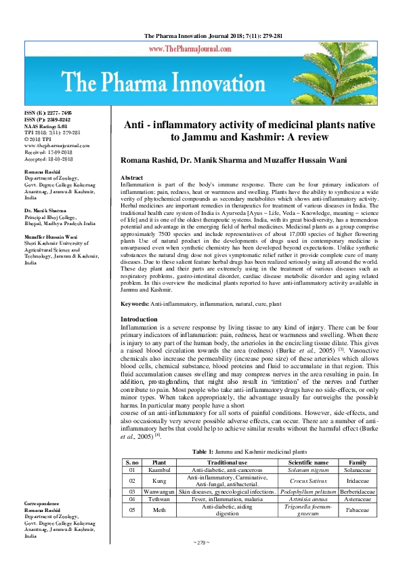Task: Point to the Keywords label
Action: click(x=135, y=305)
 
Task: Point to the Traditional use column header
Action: click(x=227, y=462)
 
